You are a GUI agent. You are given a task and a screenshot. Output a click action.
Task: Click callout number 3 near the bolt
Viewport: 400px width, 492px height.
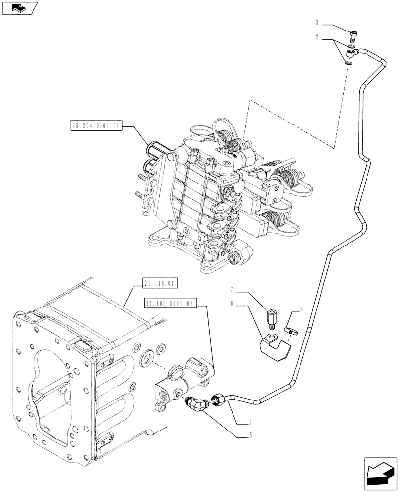coord(318,22)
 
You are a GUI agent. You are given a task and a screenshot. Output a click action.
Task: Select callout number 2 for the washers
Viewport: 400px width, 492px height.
coord(318,36)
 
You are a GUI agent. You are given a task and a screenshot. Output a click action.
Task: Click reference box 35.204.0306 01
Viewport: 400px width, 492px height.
coord(96,126)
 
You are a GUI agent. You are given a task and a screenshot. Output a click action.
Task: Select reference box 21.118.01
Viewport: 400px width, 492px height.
coord(161,284)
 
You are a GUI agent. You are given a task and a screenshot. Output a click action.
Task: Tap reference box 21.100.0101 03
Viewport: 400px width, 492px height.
coord(171,304)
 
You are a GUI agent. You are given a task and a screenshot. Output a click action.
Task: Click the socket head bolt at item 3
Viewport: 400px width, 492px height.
coord(353,35)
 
